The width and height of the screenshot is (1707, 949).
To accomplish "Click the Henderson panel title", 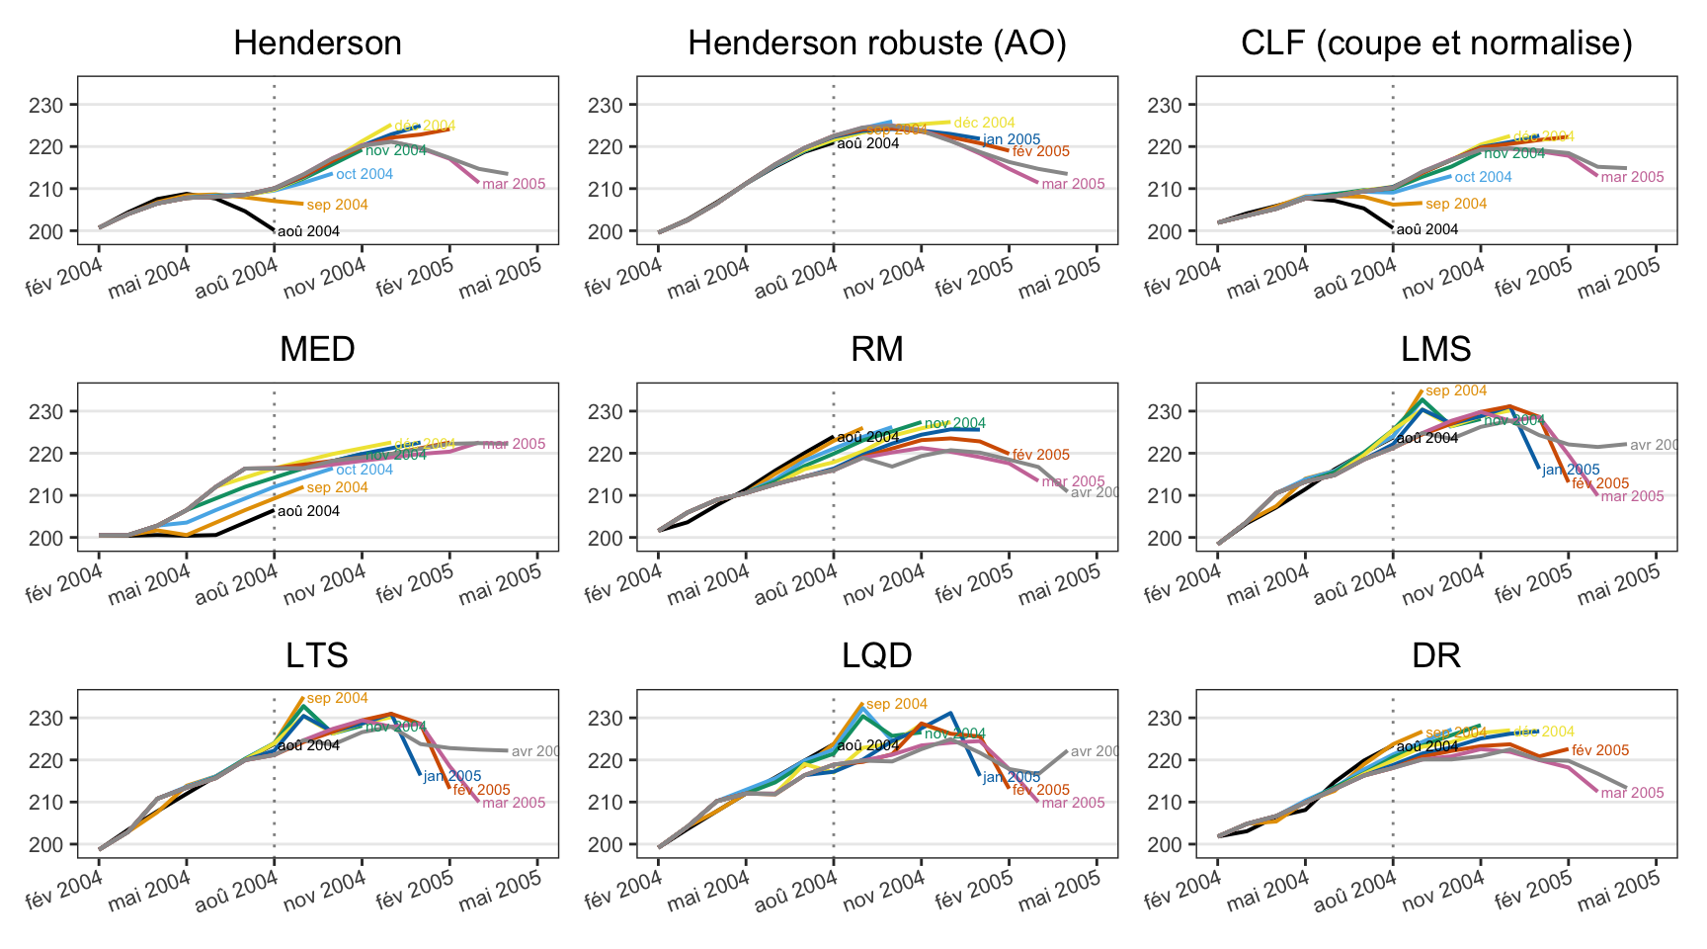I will click(317, 43).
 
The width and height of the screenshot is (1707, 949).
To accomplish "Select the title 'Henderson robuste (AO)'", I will click(877, 43).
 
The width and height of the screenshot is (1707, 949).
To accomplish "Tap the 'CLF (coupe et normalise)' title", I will click(1436, 43).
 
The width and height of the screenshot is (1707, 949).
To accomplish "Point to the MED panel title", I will click(317, 350).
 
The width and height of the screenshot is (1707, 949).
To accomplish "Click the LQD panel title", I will click(877, 656).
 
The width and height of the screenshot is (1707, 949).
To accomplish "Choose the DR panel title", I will click(1436, 656).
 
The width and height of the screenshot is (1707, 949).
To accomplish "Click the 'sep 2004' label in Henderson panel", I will click(337, 206).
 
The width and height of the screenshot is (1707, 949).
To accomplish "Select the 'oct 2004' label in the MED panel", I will click(365, 471).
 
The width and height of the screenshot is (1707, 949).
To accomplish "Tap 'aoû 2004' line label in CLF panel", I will click(1427, 230).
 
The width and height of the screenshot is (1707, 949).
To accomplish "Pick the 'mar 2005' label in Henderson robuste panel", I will click(1073, 185).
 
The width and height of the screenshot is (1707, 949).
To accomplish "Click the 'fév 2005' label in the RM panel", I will click(1041, 456).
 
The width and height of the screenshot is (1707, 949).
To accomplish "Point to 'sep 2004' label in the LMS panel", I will click(1456, 391).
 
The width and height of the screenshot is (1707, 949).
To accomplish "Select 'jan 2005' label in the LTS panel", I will click(452, 777).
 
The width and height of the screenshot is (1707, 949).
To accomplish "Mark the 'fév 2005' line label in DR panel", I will click(1600, 751).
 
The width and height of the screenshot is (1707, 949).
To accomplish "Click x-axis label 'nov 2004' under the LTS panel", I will click(325, 887).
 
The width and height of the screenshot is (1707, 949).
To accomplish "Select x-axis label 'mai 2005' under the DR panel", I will click(1619, 887).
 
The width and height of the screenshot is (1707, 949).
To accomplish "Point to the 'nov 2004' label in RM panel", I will click(955, 424).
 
